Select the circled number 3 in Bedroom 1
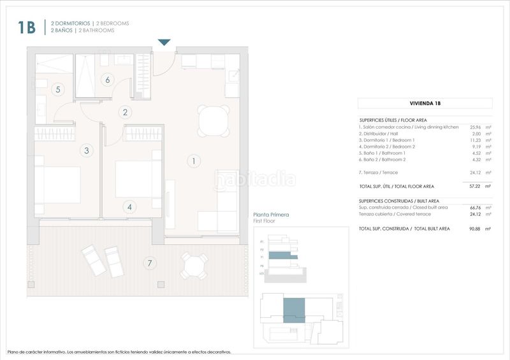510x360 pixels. [87, 150]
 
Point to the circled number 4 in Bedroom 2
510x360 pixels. [129, 206]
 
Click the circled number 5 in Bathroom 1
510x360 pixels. [58, 90]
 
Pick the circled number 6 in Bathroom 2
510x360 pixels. [107, 80]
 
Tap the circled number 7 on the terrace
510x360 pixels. [150, 263]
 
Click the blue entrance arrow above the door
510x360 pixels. [164, 43]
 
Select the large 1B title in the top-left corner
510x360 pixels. [26, 27]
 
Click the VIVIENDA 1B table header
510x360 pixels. [425, 103]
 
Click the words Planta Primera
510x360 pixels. [271, 215]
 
